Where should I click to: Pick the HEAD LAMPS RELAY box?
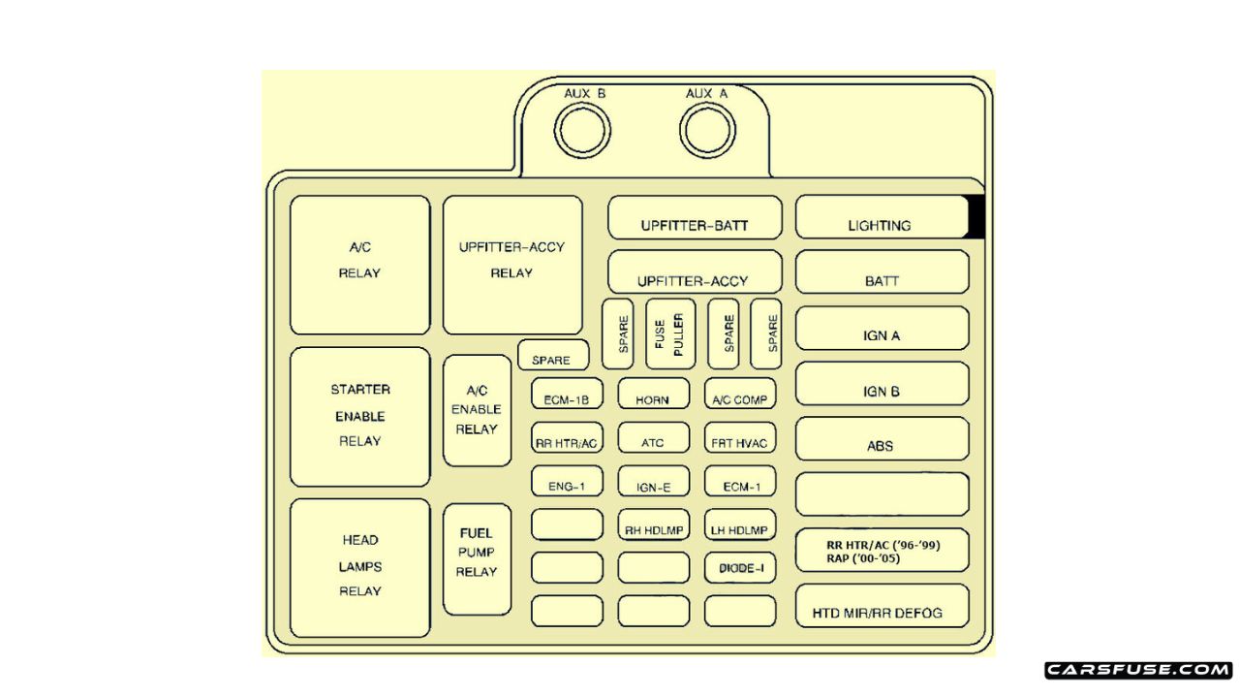coord(359,567)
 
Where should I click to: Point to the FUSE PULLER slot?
coord(670,333)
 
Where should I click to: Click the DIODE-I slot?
coord(740,567)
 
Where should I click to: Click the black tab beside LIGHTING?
coord(976,217)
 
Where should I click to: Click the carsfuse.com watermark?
coord(1138,670)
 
